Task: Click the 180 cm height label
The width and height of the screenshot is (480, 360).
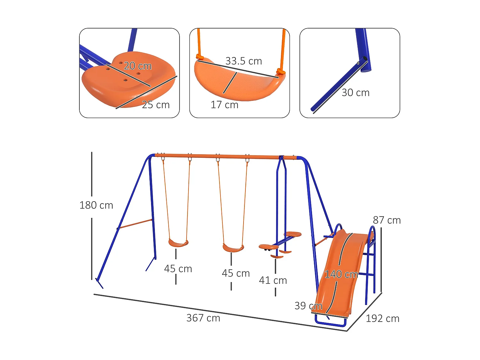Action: click(96, 205)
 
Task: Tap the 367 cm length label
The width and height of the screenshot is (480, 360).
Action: click(203, 318)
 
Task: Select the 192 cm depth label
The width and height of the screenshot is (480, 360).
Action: click(382, 318)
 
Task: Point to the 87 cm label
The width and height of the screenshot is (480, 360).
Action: click(387, 220)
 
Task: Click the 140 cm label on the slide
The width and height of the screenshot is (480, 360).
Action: click(341, 274)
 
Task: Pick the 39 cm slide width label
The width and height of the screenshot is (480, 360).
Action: click(308, 306)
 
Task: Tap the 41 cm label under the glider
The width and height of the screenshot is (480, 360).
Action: click(273, 280)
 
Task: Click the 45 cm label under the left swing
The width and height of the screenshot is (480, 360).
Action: click(178, 269)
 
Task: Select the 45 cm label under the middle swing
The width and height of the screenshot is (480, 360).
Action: click(236, 273)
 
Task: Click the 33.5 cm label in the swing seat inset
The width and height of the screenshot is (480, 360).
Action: click(244, 61)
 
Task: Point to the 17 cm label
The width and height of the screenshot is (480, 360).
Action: click(224, 105)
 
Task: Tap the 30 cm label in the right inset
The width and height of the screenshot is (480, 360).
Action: click(355, 92)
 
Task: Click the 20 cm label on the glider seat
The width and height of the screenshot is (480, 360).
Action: click(138, 66)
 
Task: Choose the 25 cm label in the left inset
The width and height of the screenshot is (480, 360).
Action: click(156, 105)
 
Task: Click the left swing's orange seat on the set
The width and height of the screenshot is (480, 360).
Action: click(178, 244)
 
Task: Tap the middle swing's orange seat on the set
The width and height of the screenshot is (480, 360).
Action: click(233, 248)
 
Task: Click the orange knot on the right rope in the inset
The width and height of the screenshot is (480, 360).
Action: click(281, 72)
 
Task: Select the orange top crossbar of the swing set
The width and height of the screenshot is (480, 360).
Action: click(224, 156)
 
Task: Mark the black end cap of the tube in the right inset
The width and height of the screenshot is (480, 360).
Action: click(365, 59)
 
